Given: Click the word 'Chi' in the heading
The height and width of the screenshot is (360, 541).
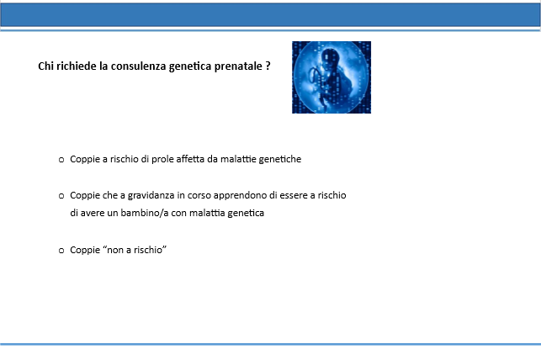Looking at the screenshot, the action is click(45, 66).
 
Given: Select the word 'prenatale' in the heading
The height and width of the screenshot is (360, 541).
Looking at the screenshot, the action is click(238, 66).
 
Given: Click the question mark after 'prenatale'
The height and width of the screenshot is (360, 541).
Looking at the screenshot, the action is click(268, 66).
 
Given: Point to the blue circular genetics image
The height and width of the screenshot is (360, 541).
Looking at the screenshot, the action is click(331, 77).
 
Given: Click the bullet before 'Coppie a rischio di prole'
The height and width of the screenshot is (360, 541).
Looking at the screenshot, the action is click(61, 160).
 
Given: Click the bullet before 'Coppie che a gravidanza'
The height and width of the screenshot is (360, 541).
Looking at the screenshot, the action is click(61, 196).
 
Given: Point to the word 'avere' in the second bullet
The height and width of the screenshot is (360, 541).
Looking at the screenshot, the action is click(92, 213).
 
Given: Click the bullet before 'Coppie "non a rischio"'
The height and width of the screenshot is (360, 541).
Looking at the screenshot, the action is click(61, 251).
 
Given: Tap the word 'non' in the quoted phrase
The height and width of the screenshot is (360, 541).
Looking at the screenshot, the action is click(115, 250).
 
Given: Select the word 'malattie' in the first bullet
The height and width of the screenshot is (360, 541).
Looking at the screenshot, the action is click(238, 159).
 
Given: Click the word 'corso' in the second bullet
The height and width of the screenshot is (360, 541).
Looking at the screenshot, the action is click(199, 195).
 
